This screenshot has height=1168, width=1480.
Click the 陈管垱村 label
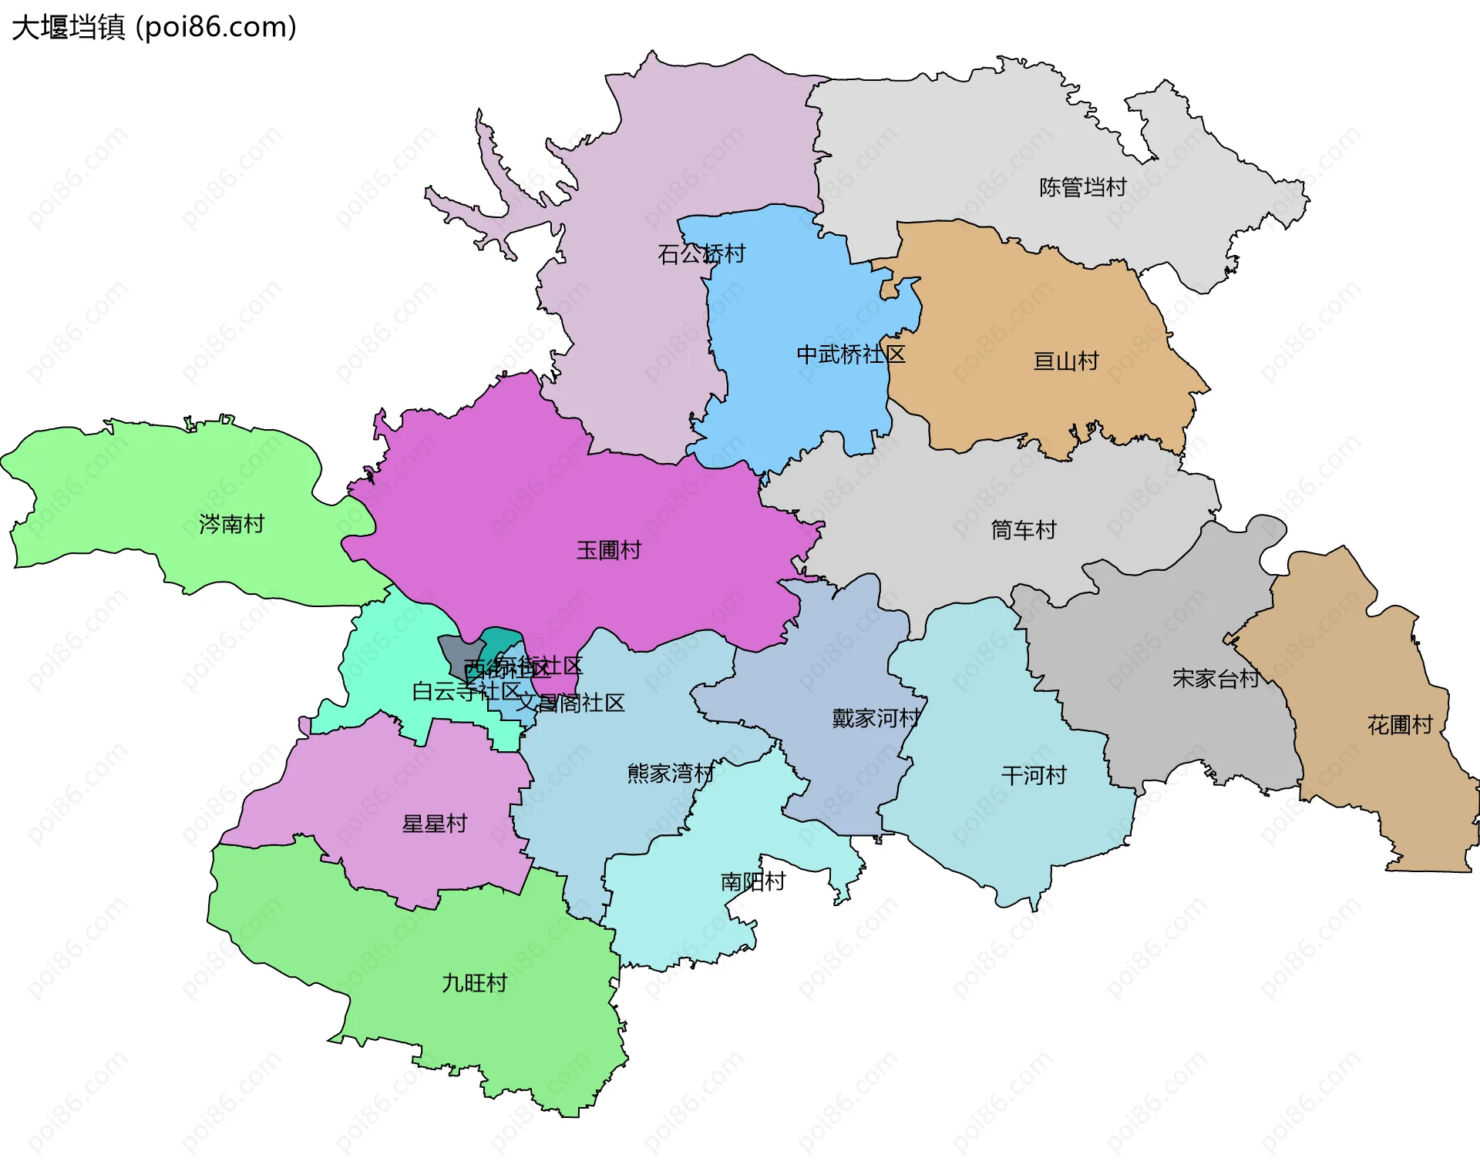(1082, 187)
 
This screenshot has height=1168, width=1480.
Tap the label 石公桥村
(701, 253)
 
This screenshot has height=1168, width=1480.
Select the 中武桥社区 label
(850, 354)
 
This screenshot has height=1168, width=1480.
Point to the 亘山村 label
(1065, 361)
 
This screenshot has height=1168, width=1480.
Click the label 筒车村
(1023, 529)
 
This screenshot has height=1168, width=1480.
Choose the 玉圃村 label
(608, 550)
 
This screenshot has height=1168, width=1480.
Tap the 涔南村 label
(231, 524)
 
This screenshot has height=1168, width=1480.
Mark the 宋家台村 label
(1216, 678)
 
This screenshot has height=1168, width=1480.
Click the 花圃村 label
(1399, 724)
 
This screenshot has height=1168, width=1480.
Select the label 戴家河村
(876, 718)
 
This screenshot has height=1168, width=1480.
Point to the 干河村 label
(1034, 775)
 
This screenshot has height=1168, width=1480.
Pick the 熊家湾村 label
(671, 773)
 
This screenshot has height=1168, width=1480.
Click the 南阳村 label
(752, 881)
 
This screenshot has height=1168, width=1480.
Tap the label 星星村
(434, 824)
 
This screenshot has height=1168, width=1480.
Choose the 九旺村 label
(474, 982)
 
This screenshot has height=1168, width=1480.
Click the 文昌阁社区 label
(570, 703)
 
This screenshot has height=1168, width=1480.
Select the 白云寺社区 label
(467, 691)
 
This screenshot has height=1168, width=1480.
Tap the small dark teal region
(502, 639)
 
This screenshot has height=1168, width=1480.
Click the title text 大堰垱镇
(68, 27)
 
